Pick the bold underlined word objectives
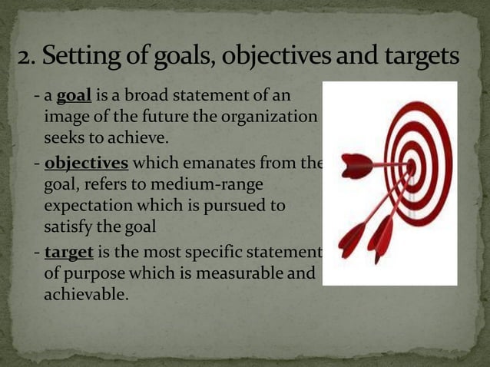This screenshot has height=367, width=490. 87,164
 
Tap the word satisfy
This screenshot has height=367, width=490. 68,227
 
